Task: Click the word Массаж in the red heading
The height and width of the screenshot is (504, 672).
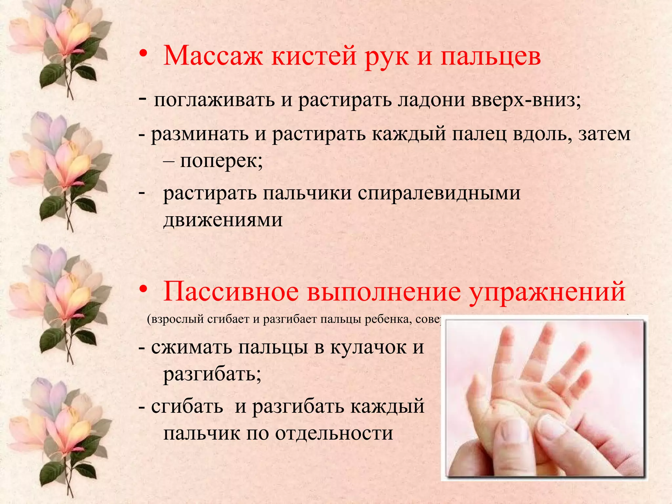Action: pyautogui.click(x=213, y=56)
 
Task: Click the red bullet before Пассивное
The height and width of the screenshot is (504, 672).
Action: pyautogui.click(x=143, y=289)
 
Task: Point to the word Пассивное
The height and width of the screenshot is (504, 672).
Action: pyautogui.click(x=231, y=291)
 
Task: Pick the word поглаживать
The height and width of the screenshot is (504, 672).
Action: pyautogui.click(x=214, y=100)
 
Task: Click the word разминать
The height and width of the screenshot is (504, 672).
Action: pyautogui.click(x=199, y=134)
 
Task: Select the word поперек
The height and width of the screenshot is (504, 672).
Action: pyautogui.click(x=221, y=161)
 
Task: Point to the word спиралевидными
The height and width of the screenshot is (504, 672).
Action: pyautogui.click(x=439, y=193)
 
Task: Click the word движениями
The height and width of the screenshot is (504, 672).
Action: pyautogui.click(x=223, y=220)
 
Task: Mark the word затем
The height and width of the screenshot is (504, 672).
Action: pyautogui.click(x=604, y=134)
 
